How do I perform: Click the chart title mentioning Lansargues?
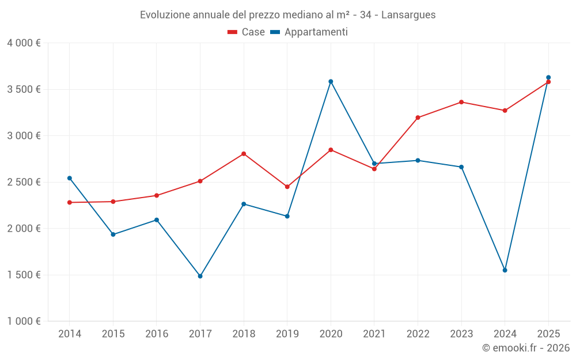(287, 14)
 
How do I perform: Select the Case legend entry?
(246, 32)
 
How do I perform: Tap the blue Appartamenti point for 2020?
(331, 82)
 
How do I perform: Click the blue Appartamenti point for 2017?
(200, 276)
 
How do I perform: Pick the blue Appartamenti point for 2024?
(505, 270)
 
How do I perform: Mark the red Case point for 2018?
(244, 154)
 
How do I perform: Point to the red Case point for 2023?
(461, 102)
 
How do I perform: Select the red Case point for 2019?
(287, 187)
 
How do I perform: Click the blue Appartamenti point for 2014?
(70, 178)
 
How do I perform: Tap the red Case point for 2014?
(70, 202)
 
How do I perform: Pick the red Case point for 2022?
(418, 118)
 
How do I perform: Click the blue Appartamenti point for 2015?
(113, 234)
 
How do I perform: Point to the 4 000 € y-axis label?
(24, 43)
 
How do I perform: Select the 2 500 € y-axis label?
(24, 182)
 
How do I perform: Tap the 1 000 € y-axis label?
(24, 321)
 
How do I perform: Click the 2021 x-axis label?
(374, 334)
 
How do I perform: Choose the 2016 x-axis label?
(157, 334)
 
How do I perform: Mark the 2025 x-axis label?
(548, 334)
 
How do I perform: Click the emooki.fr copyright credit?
(525, 348)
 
